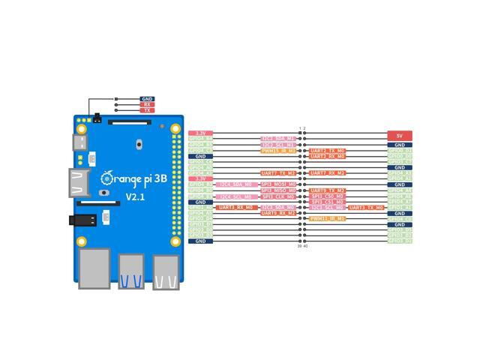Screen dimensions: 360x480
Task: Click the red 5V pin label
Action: click(400, 136)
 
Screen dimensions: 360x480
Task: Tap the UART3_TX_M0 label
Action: click(366, 208)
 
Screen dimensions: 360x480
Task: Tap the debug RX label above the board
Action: click(147, 104)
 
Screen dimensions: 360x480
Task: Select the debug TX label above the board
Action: click(147, 110)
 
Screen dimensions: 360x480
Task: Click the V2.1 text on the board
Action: click(135, 196)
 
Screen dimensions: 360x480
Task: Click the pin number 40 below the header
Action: click(305, 246)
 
